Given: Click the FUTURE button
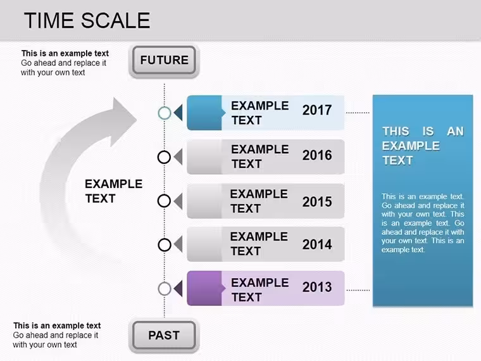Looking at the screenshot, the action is coord(164,60).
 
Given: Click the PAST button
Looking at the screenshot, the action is coord(164,335).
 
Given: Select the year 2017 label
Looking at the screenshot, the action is coord(317,110).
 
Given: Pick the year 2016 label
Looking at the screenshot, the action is coord(317,155).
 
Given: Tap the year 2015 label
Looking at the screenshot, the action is coord(317,201).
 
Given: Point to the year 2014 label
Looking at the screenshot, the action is coord(317,244).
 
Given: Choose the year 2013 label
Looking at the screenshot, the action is coord(317,287).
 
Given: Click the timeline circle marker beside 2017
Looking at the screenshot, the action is coord(165,113).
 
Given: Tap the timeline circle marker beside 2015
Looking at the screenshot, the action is coord(164,201).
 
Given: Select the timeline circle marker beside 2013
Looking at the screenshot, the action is coord(165,289).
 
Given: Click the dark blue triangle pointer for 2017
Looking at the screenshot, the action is coord(178,112).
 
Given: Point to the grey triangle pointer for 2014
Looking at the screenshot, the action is coord(178,244).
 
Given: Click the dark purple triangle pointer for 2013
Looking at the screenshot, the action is coord(178,289).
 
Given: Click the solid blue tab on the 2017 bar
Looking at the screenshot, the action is coord(205,113).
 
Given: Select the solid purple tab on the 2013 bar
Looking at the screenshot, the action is coord(205,288).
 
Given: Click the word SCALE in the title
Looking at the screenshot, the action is coord(115,20).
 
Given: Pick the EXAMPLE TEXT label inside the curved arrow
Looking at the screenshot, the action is coord(113,191).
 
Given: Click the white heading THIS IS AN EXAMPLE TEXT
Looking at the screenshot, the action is coord(423,146).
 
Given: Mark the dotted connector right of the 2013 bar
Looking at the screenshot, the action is coord(358,290).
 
